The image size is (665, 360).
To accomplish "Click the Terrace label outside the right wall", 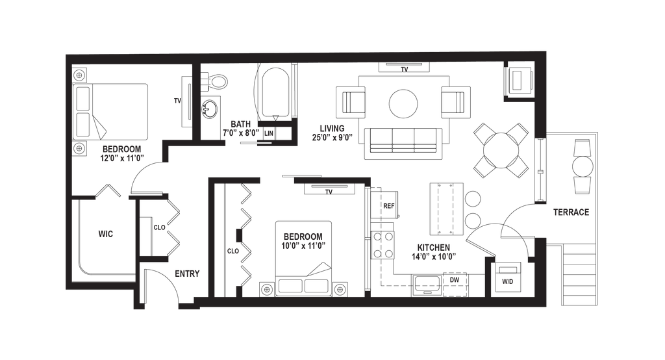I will [x=571, y=212].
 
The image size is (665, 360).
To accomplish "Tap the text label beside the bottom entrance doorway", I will [x=186, y=274].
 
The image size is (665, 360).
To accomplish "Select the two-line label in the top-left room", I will [x=121, y=153].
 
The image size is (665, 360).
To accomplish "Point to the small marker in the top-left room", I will [x=175, y=100].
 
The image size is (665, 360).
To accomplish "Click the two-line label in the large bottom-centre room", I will [x=303, y=240].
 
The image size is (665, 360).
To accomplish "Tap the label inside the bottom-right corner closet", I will [x=508, y=282].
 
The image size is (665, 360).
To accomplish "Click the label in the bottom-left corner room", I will [x=105, y=234].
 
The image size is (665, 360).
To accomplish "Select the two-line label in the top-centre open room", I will [x=332, y=132].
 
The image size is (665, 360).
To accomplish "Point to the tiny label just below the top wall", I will [x=403, y=68].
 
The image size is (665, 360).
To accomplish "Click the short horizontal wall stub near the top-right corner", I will [x=518, y=99].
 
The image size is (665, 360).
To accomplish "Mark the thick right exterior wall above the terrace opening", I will [x=540, y=97].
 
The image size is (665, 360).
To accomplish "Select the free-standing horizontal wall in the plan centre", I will [x=331, y=181].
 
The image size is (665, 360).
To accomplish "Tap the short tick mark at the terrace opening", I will [x=540, y=203].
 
